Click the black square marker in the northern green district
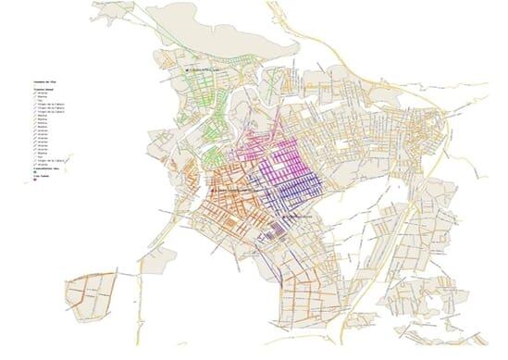[x=186, y=69]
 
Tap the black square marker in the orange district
[x=215, y=191]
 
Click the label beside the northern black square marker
[x=206, y=69]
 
